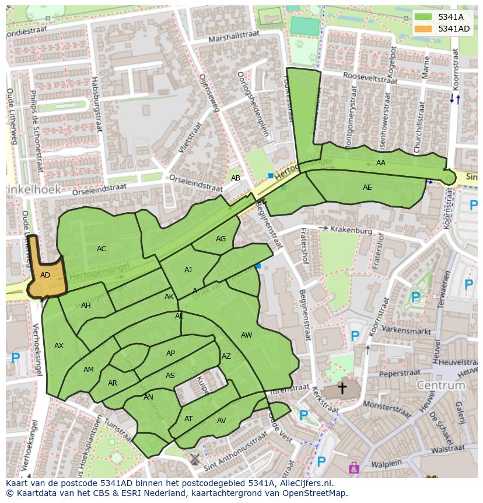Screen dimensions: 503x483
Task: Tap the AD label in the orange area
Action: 45,275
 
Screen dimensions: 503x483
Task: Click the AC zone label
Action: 101,249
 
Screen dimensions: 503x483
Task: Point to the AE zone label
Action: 367,188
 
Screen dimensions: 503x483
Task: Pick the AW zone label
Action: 246,335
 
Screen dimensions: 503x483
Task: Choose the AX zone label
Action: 59,346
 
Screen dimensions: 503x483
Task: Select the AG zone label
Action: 220,239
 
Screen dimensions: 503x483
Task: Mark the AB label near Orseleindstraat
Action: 236,178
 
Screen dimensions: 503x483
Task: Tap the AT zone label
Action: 188,419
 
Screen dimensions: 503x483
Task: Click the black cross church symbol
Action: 342,387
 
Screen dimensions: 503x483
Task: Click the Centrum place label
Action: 441,386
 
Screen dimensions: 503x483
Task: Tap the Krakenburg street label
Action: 351,230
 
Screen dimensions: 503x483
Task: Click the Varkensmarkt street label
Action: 405,329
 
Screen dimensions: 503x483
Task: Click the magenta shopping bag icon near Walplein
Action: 353,467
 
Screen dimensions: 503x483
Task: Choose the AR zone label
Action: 113,383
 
